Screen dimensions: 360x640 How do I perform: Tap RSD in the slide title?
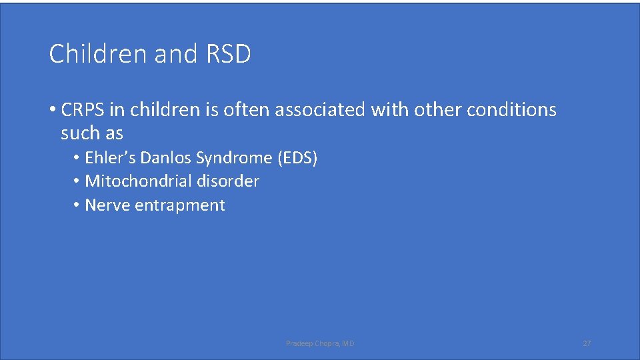pyautogui.click(x=228, y=54)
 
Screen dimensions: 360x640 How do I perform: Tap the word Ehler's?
pyautogui.click(x=110, y=158)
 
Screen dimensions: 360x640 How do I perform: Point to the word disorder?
pyautogui.click(x=228, y=181)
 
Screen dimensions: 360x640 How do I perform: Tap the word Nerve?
pyautogui.click(x=107, y=205)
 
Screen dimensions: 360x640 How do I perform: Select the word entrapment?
pyautogui.click(x=180, y=205)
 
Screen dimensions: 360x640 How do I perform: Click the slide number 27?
pyautogui.click(x=587, y=343)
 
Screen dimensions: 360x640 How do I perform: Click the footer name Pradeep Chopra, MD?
pyautogui.click(x=320, y=343)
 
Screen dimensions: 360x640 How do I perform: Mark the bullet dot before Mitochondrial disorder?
pyautogui.click(x=77, y=181)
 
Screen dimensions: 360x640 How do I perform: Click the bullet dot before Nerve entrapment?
pyautogui.click(x=77, y=205)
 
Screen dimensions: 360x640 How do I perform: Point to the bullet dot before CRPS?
pyautogui.click(x=53, y=110)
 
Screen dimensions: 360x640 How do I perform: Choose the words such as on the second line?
pyautogui.click(x=92, y=133)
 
